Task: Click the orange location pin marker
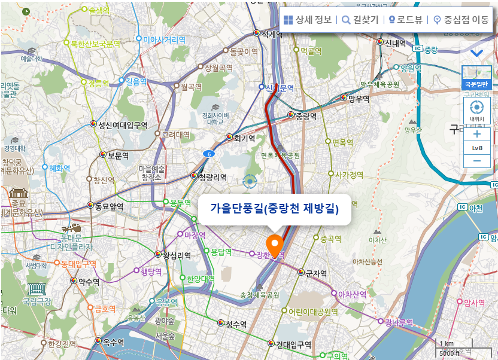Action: pos(275,245)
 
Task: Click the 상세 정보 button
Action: pos(307,20)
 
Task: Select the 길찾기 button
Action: pos(360,20)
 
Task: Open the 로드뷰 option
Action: pos(405,20)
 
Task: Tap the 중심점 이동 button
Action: pos(461,20)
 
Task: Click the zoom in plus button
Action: pos(477,135)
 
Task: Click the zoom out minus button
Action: pos(477,160)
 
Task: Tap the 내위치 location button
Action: pos(477,111)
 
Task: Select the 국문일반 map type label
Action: pos(477,84)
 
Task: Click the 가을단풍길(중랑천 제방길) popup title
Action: pos(274,209)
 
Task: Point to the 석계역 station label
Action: pos(271,34)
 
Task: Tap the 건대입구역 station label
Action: pos(293,344)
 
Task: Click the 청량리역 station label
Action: pos(212,177)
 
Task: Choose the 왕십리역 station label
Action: pos(177,255)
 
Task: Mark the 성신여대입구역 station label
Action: pos(123,125)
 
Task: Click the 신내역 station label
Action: pos(394,42)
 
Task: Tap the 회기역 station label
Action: pos(244,138)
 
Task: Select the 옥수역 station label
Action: pos(113,342)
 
